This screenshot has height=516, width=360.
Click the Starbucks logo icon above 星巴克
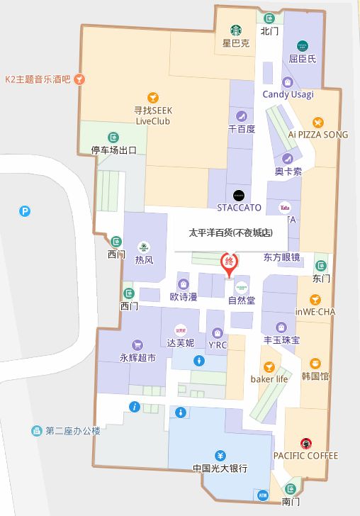click(236, 30)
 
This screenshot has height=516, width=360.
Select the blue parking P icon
click(26, 211)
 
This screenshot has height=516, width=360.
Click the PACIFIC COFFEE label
click(305, 456)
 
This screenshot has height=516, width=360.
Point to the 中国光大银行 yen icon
click(220, 455)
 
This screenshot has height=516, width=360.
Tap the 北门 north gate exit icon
click(269, 18)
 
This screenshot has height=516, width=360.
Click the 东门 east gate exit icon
click(321, 264)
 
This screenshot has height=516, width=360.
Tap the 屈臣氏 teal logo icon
click(303, 46)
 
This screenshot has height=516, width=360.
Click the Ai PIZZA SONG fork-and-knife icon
click(318, 121)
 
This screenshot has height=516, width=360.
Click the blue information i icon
click(135, 406)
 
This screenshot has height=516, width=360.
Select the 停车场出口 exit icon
click(113, 137)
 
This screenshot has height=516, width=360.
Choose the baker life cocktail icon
click(269, 366)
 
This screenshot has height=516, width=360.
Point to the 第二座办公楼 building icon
click(35, 430)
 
